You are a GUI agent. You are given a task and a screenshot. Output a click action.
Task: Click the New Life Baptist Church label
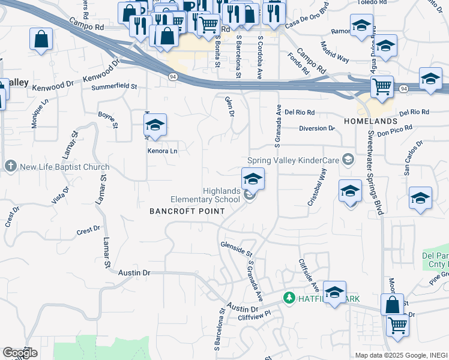[65, 167]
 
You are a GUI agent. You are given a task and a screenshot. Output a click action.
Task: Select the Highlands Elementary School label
[205, 195]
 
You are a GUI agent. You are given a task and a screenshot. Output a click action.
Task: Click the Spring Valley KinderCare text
[294, 160]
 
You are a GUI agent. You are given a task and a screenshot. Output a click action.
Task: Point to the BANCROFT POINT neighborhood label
[187, 211]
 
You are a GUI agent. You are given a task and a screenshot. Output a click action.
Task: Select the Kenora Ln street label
[163, 151]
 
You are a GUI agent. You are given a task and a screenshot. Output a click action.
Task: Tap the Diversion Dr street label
[318, 128]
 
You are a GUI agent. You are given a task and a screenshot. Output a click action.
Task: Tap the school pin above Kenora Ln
[155, 125]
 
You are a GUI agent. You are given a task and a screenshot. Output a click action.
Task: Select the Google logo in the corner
[20, 353]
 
